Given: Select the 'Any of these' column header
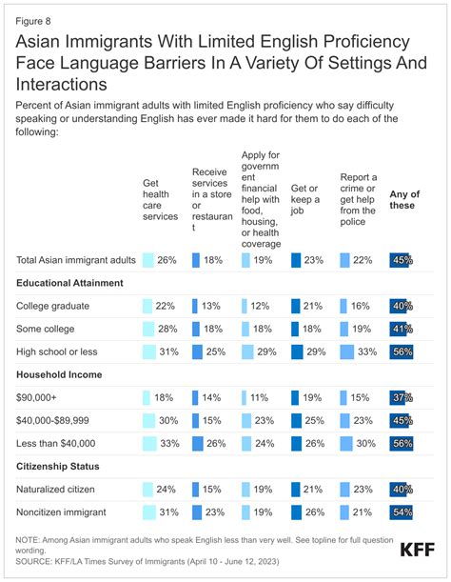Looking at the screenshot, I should pos(403,200).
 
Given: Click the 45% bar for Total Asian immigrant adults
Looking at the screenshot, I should pos(400,259).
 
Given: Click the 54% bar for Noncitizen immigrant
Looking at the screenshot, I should pos(401,511).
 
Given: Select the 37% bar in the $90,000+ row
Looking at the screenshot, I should pos(399,396).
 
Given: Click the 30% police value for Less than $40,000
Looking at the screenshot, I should pos(363,442).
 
